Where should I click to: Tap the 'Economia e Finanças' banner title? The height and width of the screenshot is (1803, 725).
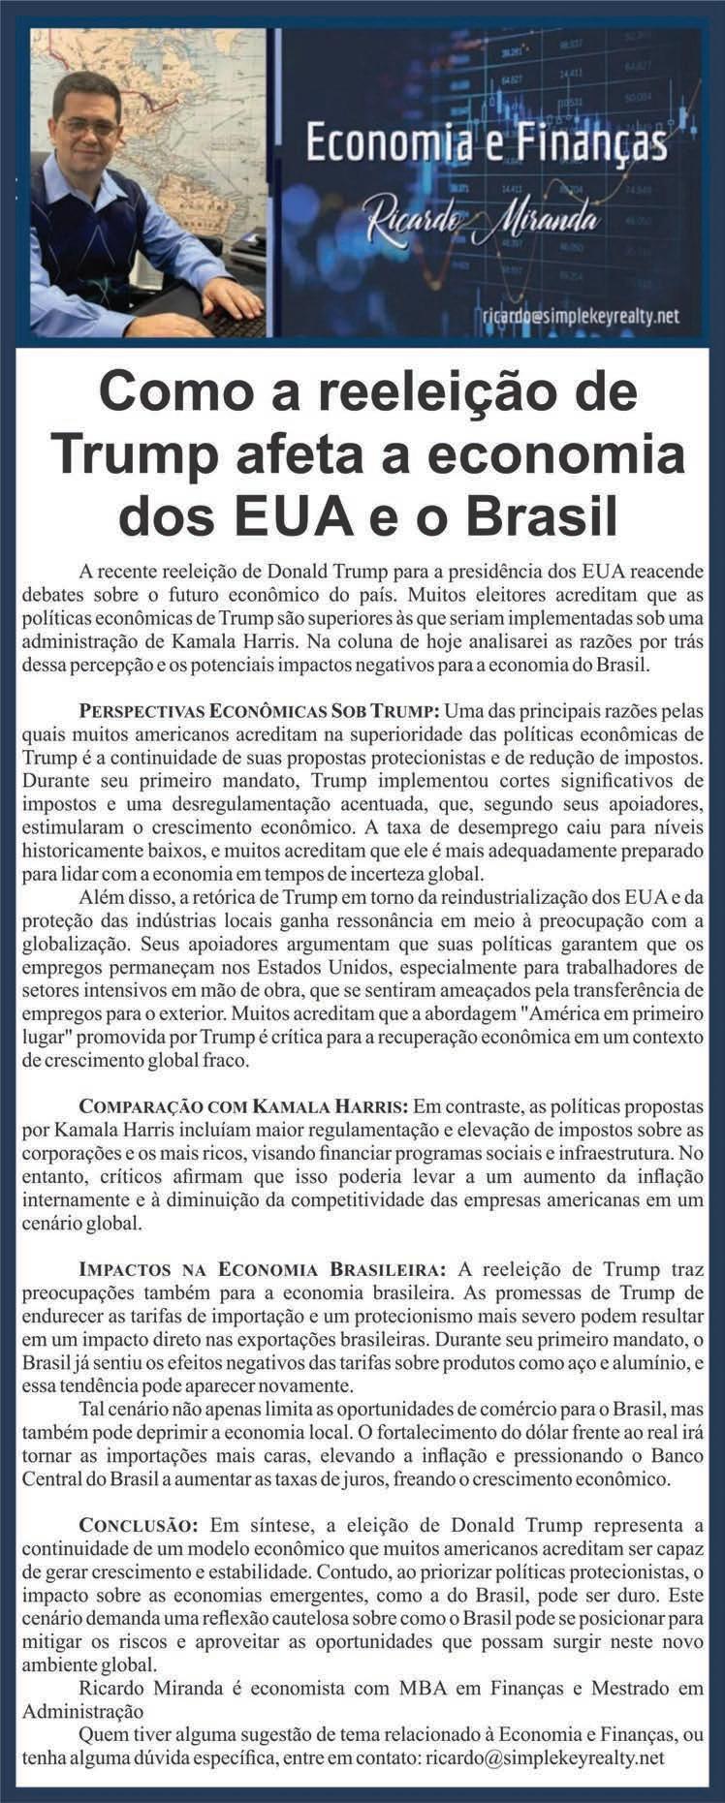click(487, 146)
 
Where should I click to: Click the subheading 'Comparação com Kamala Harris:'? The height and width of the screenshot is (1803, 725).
click(245, 1105)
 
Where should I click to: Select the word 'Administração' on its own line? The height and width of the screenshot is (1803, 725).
click(82, 1711)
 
